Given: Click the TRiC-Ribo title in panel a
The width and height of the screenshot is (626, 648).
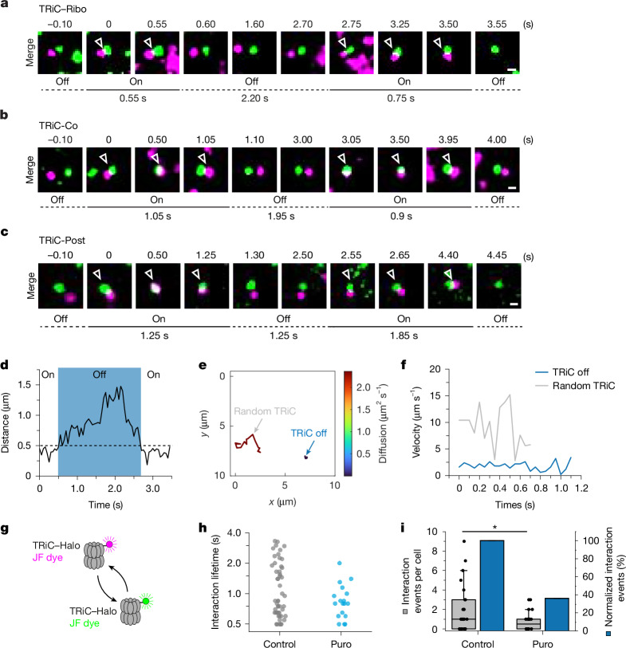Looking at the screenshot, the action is click(62, 9).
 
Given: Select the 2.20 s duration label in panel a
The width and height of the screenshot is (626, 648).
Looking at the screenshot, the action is click(254, 98).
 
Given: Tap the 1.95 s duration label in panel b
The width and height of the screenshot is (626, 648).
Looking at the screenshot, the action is click(282, 216).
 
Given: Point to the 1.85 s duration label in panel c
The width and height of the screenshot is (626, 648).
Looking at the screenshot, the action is click(404, 336).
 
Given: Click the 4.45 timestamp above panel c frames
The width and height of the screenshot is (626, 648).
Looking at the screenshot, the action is click(497, 255).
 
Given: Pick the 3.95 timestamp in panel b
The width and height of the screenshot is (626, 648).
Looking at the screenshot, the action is click(448, 139).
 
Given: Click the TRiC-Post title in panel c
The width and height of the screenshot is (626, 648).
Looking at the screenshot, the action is click(62, 241).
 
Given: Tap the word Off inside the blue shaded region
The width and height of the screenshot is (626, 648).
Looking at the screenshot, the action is click(99, 375).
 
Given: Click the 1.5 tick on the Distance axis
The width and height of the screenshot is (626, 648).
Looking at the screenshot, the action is click(26, 385).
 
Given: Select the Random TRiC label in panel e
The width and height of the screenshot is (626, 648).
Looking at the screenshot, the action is click(265, 411).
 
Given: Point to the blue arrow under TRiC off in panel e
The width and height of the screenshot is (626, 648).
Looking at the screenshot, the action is click(309, 448).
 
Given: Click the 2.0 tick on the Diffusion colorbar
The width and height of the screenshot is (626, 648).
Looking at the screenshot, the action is click(364, 387).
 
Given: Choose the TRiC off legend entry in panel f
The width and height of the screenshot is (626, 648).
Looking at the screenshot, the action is click(562, 372).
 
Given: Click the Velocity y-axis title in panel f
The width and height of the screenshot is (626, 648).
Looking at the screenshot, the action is click(416, 422).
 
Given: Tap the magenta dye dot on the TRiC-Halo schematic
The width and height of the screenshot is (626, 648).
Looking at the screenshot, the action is click(109, 544).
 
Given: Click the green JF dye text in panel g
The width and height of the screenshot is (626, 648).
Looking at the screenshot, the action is click(85, 622).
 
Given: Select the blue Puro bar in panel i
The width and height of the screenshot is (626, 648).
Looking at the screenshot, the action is click(557, 614).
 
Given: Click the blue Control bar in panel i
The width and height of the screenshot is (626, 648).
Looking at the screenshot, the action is click(491, 585).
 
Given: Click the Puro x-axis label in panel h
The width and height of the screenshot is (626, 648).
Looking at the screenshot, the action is click(341, 643).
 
